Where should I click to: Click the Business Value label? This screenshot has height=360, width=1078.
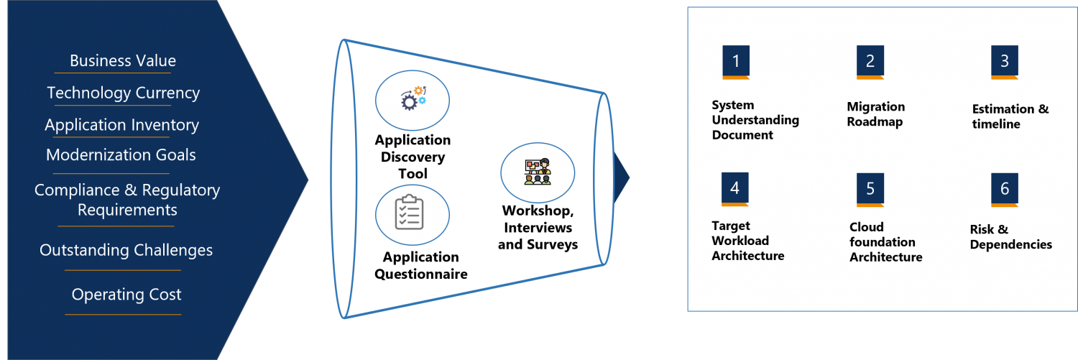click(123, 61)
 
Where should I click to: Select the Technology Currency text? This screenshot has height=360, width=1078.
click(123, 93)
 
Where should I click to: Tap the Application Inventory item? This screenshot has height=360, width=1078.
click(121, 125)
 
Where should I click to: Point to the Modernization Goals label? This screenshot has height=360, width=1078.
click(121, 155)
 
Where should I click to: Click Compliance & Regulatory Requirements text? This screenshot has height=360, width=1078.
click(127, 200)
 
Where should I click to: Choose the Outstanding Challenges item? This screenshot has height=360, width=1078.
click(126, 251)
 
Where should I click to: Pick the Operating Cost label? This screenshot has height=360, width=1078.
click(126, 295)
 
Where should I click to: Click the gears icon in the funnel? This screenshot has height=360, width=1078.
click(413, 99)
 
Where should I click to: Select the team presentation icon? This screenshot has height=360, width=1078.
click(537, 172)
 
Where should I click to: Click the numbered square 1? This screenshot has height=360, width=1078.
click(736, 62)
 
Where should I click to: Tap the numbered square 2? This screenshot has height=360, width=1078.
click(870, 62)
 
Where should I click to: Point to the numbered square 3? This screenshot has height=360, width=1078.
click(1005, 62)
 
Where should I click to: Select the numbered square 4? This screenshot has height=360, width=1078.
click(735, 189)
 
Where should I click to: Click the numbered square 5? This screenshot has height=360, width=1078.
click(870, 189)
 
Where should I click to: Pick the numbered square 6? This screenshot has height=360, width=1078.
click(1005, 189)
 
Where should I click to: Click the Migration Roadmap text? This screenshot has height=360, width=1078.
click(875, 114)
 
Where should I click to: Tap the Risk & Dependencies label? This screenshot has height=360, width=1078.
click(1010, 237)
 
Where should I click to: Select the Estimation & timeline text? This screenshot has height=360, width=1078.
click(1010, 116)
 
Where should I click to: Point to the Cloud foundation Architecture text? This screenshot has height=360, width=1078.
click(885, 242)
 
